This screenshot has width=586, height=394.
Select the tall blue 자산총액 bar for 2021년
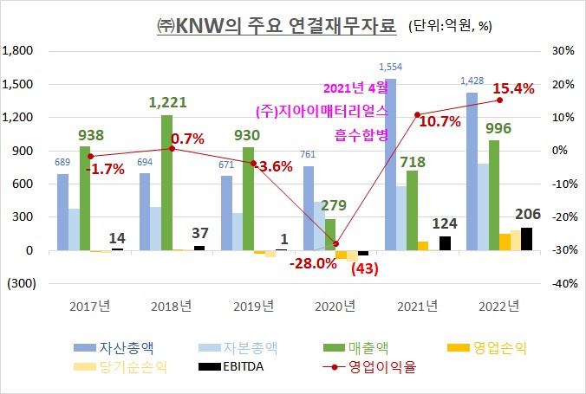(x=390, y=165)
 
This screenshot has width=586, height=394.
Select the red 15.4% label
(x=514, y=88)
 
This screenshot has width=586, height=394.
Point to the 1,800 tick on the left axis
(x=19, y=51)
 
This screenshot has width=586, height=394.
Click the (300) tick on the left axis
(x=19, y=284)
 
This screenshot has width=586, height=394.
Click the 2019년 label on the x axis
(x=252, y=305)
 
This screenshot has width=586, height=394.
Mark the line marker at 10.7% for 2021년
(x=417, y=114)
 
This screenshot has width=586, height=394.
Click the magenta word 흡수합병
(x=361, y=134)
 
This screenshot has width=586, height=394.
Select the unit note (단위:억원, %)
(x=451, y=27)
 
